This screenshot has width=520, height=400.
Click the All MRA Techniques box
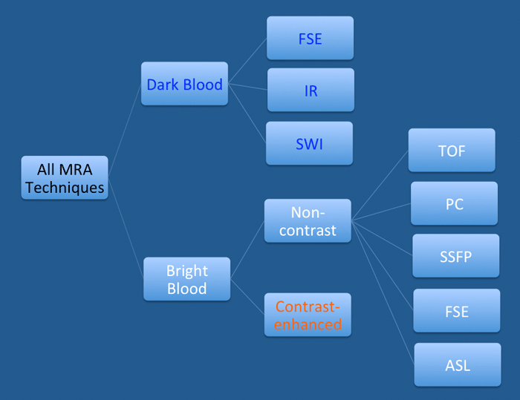pyautogui.click(x=65, y=177)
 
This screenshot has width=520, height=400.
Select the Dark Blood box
pyautogui.click(x=184, y=84)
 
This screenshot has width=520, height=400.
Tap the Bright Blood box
pyautogui.click(x=186, y=279)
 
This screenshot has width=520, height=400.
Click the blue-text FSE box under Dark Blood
pyautogui.click(x=310, y=38)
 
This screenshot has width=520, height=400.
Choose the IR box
pyautogui.click(x=311, y=90)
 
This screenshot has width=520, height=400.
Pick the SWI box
pyautogui.click(x=310, y=143)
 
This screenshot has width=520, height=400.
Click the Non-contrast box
pyautogui.click(x=308, y=220)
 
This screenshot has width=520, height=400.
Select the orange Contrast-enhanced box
pyautogui.click(x=308, y=315)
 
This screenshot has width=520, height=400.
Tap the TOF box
pyautogui.click(x=452, y=150)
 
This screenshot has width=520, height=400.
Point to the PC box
pyautogui.click(x=454, y=203)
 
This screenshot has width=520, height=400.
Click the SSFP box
pyautogui.click(x=456, y=256)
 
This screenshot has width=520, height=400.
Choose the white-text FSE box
pyautogui.click(x=457, y=310)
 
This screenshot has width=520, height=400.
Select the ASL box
pyautogui.click(x=458, y=364)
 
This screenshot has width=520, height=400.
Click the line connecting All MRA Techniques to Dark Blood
pyautogui.click(x=125, y=131)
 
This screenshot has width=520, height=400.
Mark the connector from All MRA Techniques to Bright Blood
pyautogui.click(x=126, y=229)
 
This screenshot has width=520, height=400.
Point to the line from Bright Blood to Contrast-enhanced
pyautogui.click(x=247, y=297)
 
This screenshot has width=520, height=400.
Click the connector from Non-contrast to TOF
pyautogui.click(x=380, y=186)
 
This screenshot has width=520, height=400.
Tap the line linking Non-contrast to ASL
pyautogui.click(x=383, y=292)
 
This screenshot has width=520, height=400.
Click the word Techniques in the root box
pyautogui.click(x=65, y=188)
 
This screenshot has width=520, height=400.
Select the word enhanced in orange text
pyautogui.click(x=308, y=324)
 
